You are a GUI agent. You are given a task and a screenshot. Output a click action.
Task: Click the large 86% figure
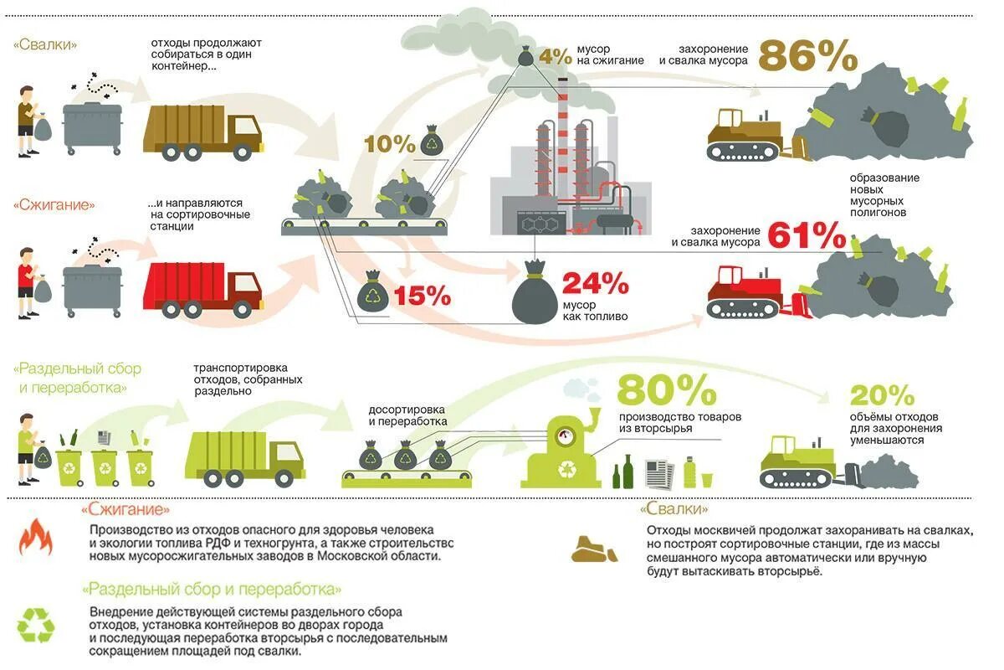point(807,56)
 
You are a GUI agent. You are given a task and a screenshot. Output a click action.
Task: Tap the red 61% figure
point(807,236)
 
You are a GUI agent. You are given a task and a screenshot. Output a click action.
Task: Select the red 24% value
point(595,284)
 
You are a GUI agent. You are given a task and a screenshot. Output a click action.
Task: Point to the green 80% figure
point(667,390)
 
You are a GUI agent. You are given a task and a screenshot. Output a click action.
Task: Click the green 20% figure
point(882,394)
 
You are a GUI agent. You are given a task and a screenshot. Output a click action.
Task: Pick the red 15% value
point(422,295)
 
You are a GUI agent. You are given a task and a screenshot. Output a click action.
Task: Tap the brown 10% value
point(389,144)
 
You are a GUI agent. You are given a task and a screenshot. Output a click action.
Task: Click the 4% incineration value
point(554,56)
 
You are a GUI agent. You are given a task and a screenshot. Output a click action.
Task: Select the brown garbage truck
point(202,132)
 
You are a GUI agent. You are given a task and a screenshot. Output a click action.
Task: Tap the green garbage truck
point(243,457)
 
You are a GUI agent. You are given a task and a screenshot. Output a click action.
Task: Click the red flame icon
point(35,537)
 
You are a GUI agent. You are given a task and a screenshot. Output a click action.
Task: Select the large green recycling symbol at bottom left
point(36,625)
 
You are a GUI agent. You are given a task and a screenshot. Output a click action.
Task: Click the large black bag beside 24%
point(535,293)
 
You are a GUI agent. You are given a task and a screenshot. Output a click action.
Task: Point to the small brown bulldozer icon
point(594,549)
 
